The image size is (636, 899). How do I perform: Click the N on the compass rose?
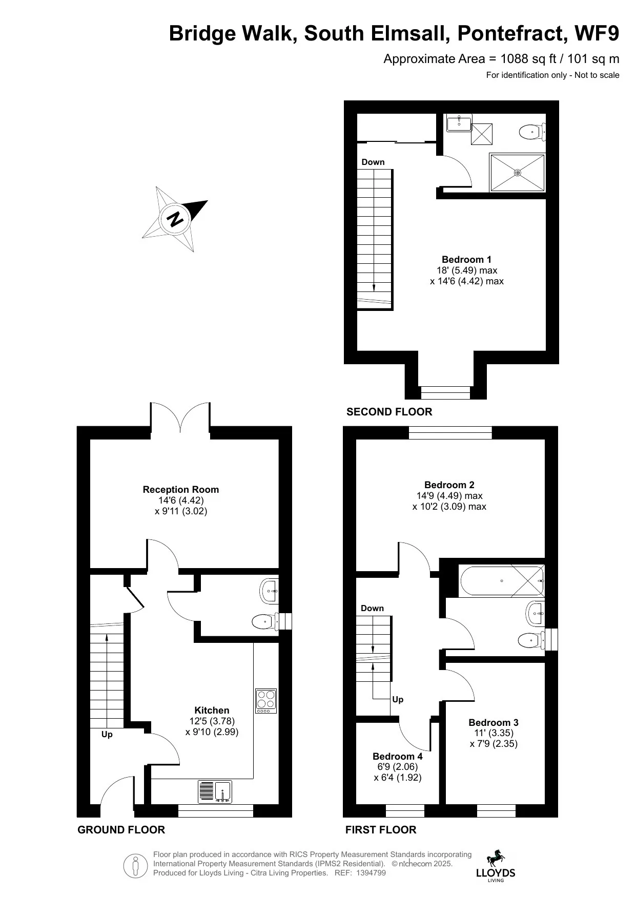175,219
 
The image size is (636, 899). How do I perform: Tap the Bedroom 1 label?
466,260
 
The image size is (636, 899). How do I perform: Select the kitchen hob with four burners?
266,701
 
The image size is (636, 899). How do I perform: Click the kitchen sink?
215,791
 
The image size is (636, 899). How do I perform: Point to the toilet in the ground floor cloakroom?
264,622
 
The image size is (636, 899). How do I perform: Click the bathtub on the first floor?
502,581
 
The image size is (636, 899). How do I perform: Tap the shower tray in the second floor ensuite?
518,173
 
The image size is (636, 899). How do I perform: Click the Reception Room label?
180,490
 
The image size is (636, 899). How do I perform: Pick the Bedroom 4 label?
398,756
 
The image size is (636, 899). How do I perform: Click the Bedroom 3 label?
494,723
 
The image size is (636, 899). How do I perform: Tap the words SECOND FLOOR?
389,412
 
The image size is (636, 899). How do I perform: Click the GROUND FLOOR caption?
121,830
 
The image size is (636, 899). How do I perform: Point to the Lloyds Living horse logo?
495,858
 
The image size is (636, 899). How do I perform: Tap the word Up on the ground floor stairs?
107,735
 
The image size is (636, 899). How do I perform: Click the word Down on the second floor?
373,162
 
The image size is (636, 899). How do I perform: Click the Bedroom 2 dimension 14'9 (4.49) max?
449,496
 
